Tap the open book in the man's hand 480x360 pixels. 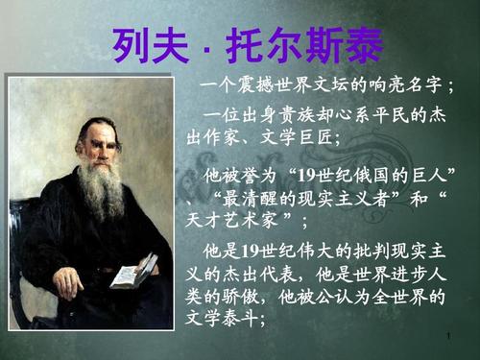coord(133,271)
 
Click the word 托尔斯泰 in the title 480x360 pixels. coord(307,42)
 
